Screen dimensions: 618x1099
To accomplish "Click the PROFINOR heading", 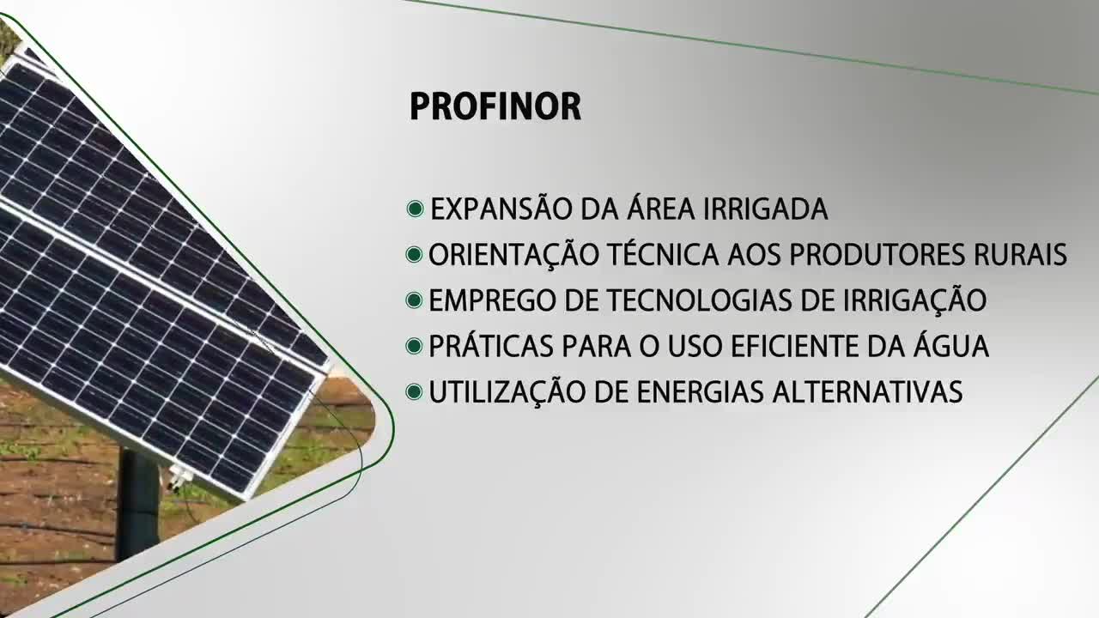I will coord(495,107).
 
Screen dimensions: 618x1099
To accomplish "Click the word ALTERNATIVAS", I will coord(867,392).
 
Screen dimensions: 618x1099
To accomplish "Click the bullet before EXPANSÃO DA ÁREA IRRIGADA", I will coord(416,209).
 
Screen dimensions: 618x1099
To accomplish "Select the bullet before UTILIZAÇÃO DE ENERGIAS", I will coord(415,392).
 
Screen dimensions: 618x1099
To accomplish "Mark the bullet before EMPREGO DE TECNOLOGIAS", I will coord(415,301).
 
